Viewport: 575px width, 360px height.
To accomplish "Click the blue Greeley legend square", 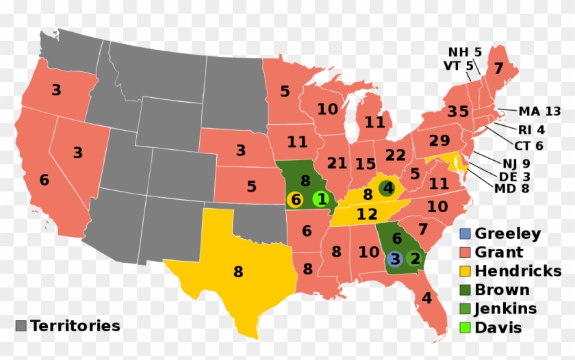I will (466, 234).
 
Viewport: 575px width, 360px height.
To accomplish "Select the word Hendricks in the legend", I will (518, 271).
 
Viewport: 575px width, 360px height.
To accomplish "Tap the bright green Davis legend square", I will (466, 327).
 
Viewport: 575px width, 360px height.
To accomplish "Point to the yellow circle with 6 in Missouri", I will (295, 200).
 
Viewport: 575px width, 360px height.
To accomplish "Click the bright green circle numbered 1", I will (321, 200).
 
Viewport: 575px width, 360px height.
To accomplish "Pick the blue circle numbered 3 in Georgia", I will (394, 259).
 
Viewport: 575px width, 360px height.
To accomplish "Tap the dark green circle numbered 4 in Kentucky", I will (388, 187).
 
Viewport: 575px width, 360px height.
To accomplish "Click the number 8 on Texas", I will (238, 272).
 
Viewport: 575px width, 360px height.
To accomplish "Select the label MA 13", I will (539, 112).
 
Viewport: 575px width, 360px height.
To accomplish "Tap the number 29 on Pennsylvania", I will (439, 141).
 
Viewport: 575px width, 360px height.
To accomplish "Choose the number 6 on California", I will (44, 180).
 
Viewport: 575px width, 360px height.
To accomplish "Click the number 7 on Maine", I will (498, 68).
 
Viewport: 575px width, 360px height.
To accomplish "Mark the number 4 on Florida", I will (426, 298).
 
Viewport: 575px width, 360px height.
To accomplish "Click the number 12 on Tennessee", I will (366, 214).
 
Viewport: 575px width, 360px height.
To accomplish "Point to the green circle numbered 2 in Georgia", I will (414, 259).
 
